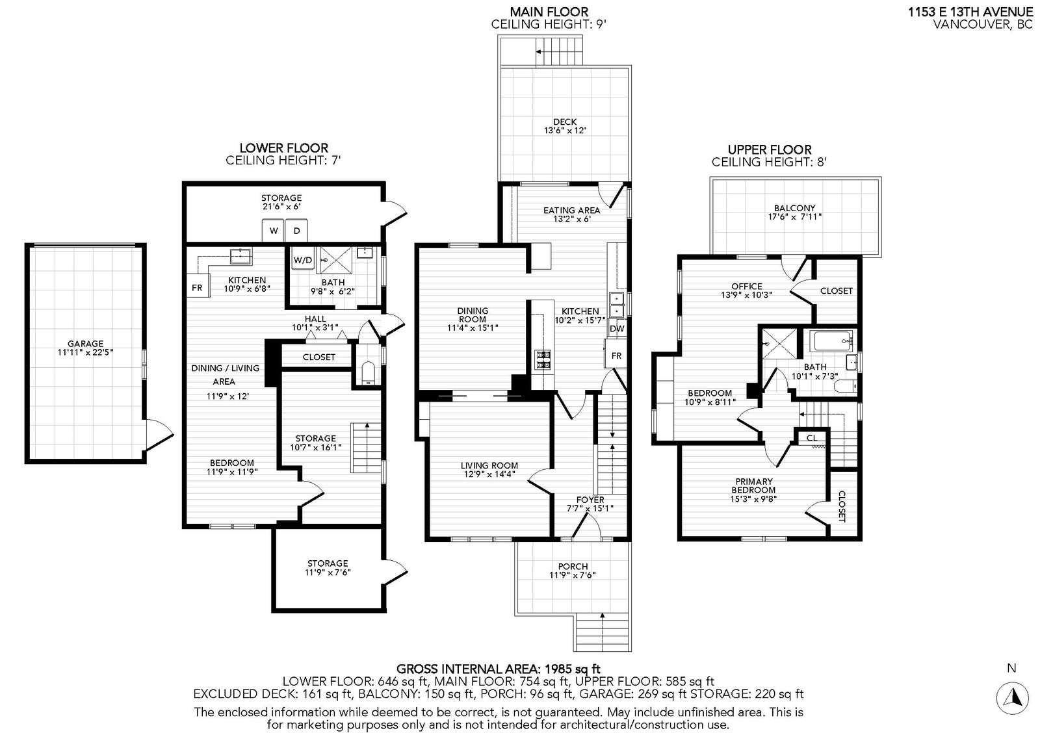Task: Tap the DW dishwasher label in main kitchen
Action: (x=617, y=329)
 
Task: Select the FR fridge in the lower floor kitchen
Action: (x=198, y=288)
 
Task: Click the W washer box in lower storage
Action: (x=274, y=231)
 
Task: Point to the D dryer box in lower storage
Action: (x=296, y=231)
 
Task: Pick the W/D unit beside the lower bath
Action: (x=303, y=261)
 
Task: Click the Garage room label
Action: (x=85, y=344)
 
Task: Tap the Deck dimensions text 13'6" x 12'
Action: (x=565, y=131)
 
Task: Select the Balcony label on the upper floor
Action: (x=794, y=208)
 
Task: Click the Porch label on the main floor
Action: (x=573, y=567)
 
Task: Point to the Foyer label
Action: (x=590, y=500)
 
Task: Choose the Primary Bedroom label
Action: (x=753, y=485)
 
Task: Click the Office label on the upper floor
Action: (x=747, y=287)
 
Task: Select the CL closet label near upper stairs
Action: (x=812, y=438)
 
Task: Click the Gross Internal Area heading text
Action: (x=498, y=669)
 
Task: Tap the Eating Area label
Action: (x=571, y=211)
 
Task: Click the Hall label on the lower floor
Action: (x=315, y=319)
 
